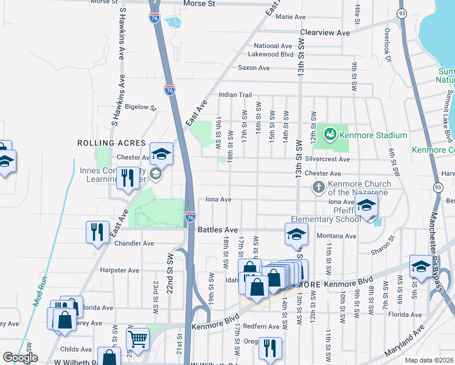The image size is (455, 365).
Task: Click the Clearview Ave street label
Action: (325, 32)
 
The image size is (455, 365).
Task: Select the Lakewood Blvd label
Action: (274, 54)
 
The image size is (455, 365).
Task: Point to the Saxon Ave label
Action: (254, 68)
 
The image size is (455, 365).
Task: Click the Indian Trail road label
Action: (235, 95)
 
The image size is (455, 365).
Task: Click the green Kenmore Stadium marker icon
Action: (330, 133)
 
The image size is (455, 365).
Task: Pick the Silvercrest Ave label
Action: (327, 159)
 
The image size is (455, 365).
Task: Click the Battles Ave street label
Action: (218, 230)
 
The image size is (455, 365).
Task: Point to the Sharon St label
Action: (383, 246)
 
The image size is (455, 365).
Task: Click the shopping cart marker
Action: (137, 339)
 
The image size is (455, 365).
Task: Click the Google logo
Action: (20, 358)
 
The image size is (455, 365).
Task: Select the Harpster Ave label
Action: (119, 270)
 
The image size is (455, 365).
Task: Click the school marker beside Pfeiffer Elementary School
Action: (366, 207)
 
